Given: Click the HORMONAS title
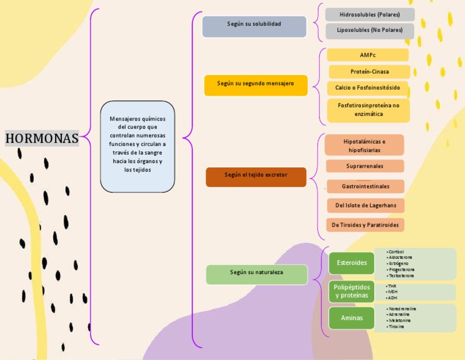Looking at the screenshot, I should pos(42,138).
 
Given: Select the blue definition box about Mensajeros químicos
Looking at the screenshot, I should pos(137,145).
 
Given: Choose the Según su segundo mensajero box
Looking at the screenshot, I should pos(256,84).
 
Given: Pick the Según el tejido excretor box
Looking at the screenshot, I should pos(256,175).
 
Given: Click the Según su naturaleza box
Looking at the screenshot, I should pos(257,273).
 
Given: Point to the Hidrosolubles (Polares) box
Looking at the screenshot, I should pos(370,15).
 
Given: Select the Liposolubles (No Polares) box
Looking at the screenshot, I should pos(370,30).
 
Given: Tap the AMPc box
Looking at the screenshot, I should pos(368,55).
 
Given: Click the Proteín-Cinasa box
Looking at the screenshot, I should pos(369,72).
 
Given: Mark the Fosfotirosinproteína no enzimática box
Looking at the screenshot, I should pos(369,110).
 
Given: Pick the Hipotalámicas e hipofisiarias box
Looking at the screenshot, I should pos(364,145).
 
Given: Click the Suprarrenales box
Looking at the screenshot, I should pos(364,166).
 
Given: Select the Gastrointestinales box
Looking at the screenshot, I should pos(365,186).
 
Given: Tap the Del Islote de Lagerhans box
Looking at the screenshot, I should pos(366,205).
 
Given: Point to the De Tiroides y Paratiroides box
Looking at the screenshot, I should pos(365,225).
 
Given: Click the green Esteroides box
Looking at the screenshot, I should pos(351,263).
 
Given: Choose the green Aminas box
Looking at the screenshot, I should pos(352,318).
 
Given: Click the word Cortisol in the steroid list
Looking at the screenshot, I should pos(397,252).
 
